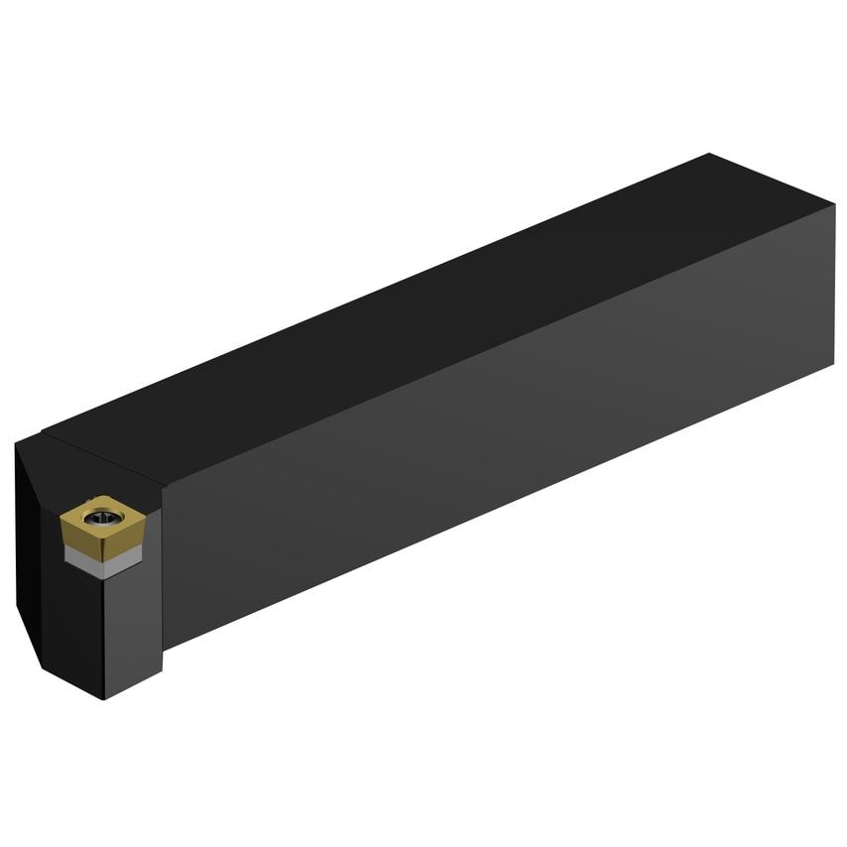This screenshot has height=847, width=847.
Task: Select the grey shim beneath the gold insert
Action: pos(103,557)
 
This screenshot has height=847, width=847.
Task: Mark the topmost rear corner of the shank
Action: pos(710,154)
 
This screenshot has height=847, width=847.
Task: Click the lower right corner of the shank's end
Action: pos(832,365)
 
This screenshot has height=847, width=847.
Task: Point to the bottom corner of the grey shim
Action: pos(104,574)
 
